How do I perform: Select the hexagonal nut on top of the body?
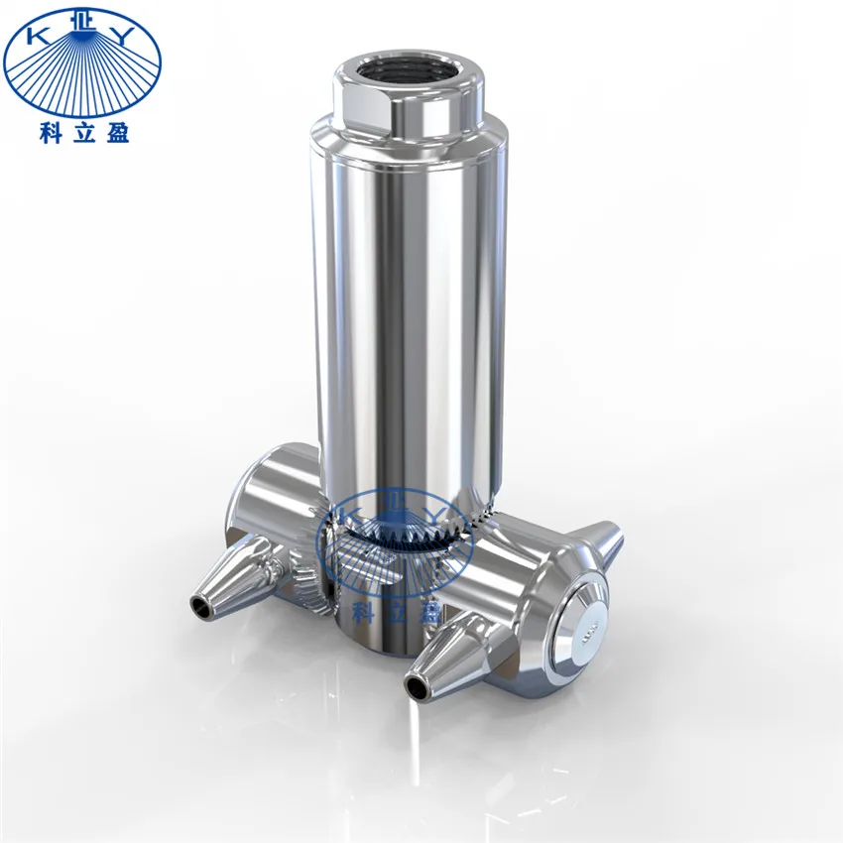coord(409,104)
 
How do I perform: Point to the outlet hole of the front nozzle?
coord(414,684)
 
